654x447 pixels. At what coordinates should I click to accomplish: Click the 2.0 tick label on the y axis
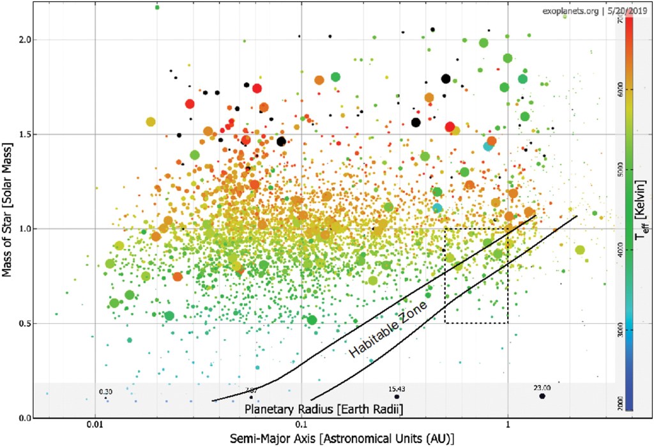(24, 40)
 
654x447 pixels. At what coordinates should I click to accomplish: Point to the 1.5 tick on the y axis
(24, 134)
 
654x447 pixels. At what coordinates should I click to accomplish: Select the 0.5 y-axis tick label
(24, 323)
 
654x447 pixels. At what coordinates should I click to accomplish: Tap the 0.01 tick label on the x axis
(95, 423)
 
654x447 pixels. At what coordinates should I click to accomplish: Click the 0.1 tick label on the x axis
(301, 423)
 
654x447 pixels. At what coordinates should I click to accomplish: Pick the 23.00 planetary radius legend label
(542, 387)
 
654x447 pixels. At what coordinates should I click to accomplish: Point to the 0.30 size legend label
(105, 391)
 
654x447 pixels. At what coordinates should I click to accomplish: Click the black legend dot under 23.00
(542, 397)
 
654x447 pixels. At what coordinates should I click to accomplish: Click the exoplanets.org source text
(569, 11)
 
